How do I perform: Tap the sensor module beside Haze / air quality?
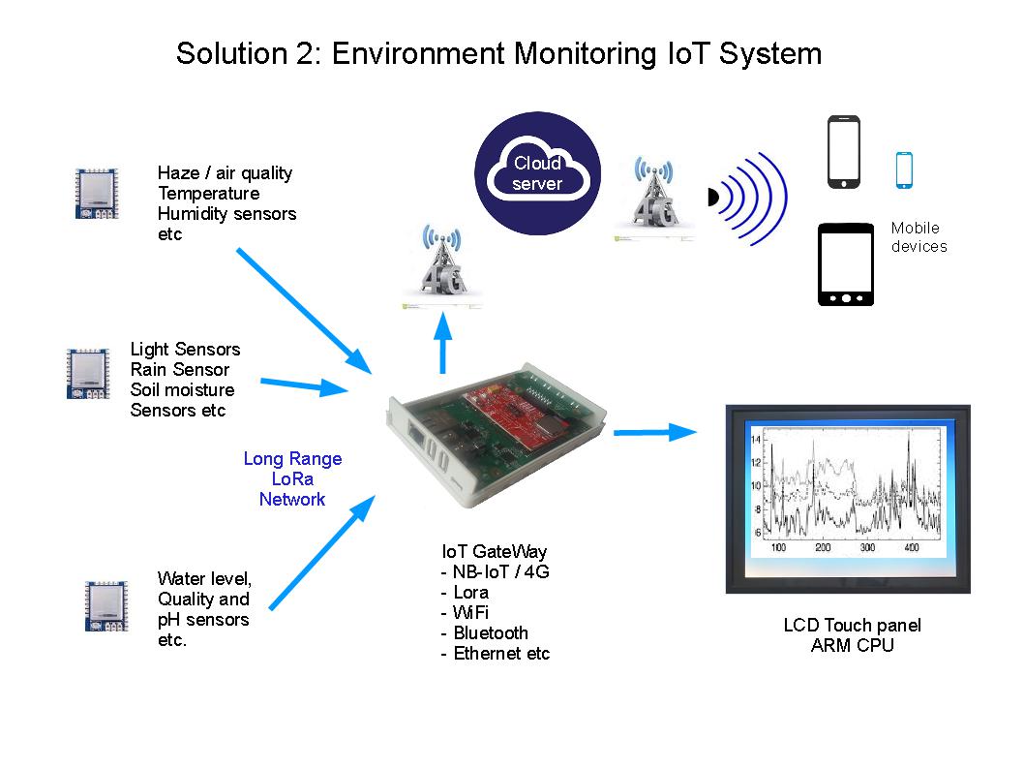click(x=95, y=193)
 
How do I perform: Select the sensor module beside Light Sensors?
click(x=85, y=374)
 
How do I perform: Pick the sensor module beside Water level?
click(x=105, y=605)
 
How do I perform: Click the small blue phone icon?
click(x=904, y=169)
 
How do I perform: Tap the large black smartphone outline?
click(x=843, y=152)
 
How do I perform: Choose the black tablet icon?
click(x=846, y=264)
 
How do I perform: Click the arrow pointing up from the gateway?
click(x=442, y=343)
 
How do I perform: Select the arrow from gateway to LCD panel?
click(x=655, y=432)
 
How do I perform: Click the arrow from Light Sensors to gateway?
click(x=303, y=385)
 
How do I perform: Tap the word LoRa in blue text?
click(x=292, y=479)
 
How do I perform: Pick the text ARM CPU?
click(x=852, y=645)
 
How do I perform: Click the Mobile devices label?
click(x=919, y=237)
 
